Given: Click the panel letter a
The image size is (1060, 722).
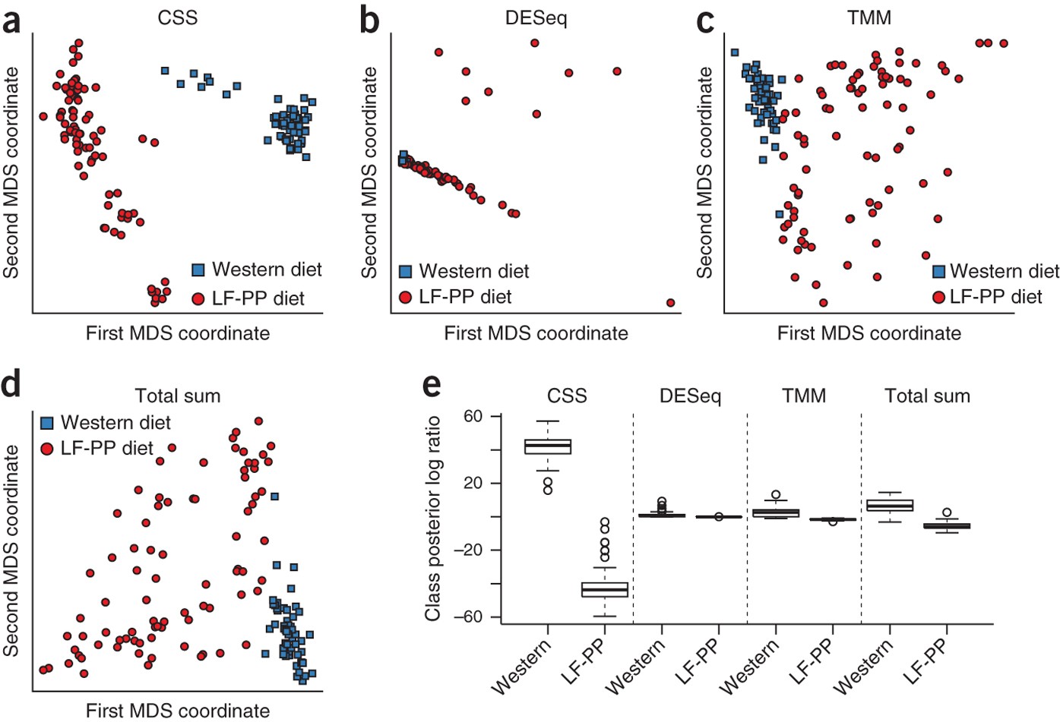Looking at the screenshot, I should [x=11, y=21].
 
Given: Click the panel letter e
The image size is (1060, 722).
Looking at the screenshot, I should [x=431, y=384].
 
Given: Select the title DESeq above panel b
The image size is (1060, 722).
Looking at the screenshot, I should [x=536, y=17].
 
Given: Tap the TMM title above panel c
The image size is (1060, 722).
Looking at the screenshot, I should [x=869, y=17].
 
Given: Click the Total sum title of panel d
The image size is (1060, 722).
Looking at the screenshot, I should [x=177, y=396].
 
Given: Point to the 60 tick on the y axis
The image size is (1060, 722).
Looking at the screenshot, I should [x=473, y=416].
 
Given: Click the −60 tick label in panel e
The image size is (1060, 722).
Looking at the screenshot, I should [x=468, y=616].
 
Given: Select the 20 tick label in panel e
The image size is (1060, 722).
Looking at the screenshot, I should [x=473, y=483].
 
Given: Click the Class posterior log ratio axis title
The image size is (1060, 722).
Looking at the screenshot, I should [x=432, y=518].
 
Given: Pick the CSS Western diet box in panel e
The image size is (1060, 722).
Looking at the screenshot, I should [x=548, y=446].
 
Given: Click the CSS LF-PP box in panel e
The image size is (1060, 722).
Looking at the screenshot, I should [x=605, y=590].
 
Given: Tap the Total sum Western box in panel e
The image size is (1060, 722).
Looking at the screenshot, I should [x=890, y=506].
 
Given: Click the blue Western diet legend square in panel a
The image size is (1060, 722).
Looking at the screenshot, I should [x=198, y=270].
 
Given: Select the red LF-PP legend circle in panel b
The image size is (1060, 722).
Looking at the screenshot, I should [x=405, y=297].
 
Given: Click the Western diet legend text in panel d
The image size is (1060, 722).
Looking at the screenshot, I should [x=115, y=422].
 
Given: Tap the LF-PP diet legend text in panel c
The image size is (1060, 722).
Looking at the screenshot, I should [x=995, y=297].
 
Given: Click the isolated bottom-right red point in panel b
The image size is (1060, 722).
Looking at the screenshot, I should [x=670, y=302].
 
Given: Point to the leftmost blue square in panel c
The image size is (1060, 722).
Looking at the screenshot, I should [x=734, y=52].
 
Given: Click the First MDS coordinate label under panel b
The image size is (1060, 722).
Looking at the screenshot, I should [x=536, y=333].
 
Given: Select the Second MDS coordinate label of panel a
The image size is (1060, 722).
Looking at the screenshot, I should [x=11, y=172].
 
